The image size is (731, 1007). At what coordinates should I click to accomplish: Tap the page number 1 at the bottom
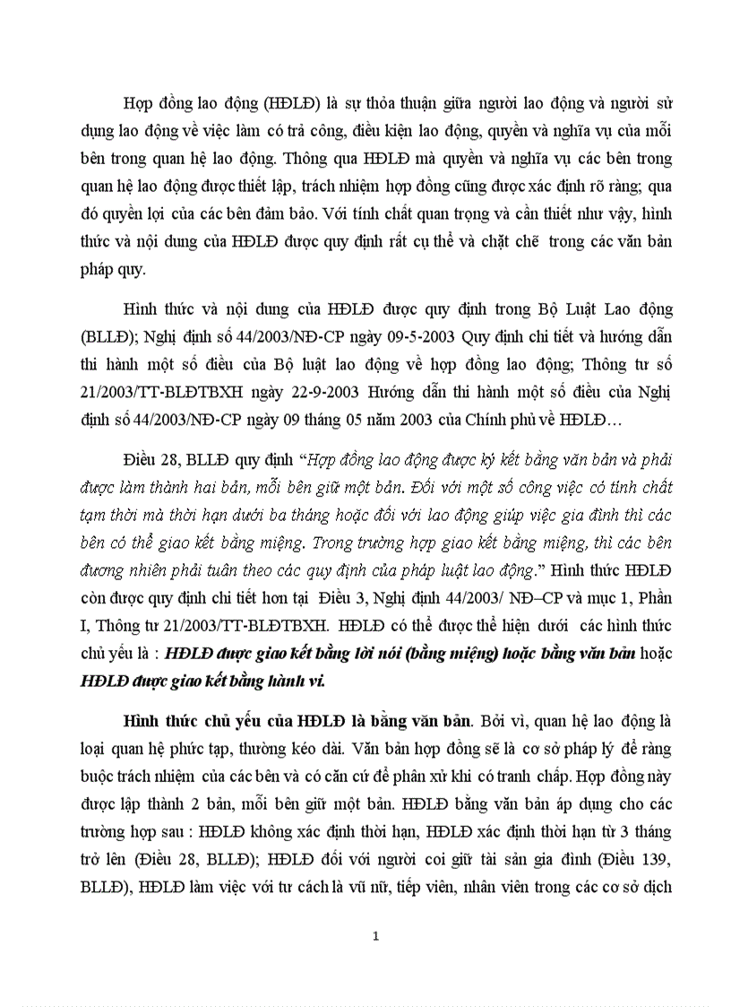(x=376, y=937)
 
